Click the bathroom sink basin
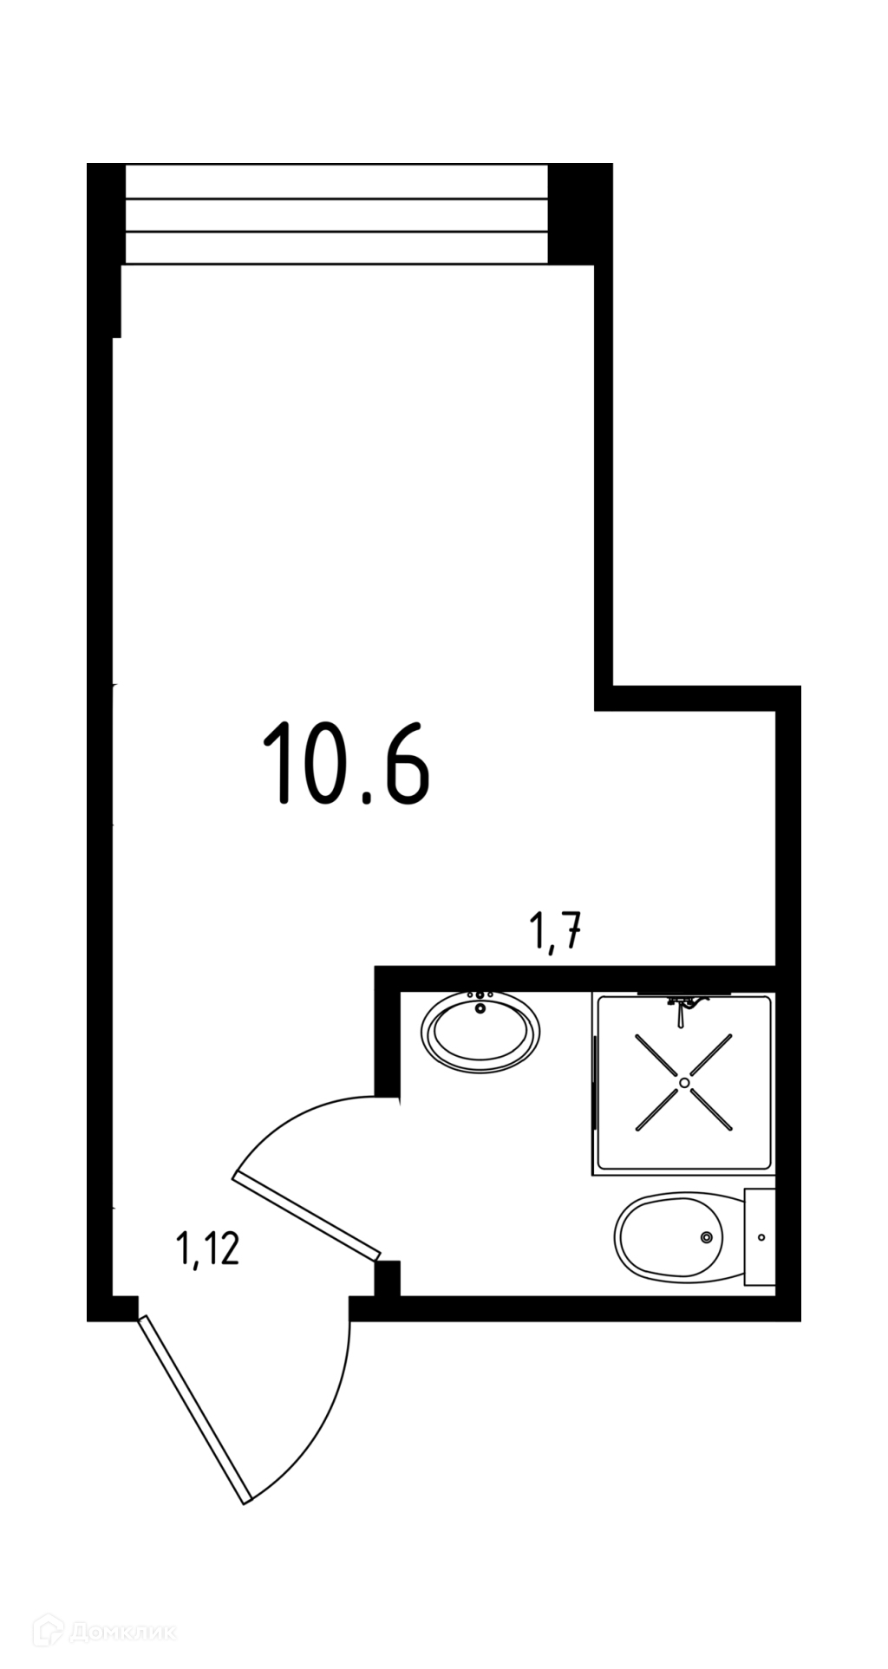point(480,1033)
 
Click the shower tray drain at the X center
point(684,1082)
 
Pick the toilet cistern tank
point(761,1237)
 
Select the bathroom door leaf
point(307,1215)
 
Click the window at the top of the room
point(336,214)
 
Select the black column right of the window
point(580,213)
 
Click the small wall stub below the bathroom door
point(387,1278)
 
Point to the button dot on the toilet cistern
point(761,1237)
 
